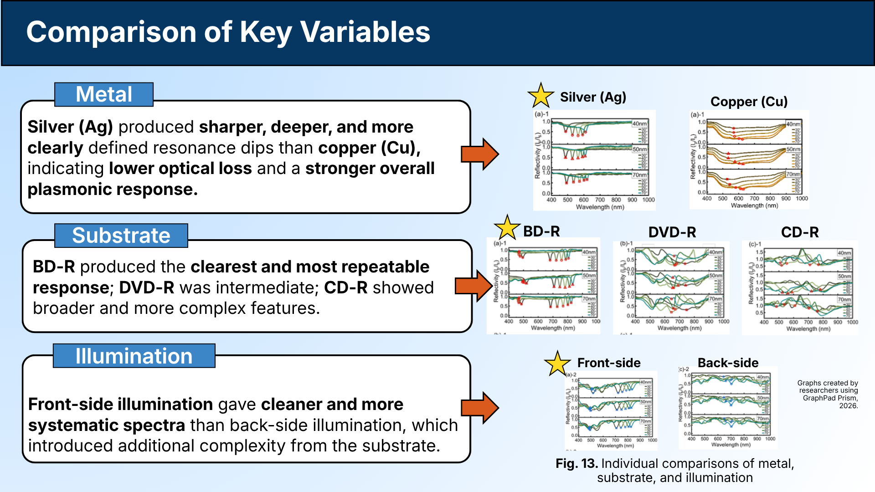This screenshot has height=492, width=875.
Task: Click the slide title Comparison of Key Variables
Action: [228, 32]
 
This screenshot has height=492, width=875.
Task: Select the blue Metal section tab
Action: [104, 94]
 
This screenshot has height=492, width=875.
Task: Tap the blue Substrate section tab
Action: [121, 236]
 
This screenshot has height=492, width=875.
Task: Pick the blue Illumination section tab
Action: [134, 356]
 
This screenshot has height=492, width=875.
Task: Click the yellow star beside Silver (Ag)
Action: [540, 96]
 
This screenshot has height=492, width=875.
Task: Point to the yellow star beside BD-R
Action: [507, 228]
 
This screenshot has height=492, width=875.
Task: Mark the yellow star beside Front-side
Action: [557, 364]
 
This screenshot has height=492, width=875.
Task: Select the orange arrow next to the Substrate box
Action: [474, 286]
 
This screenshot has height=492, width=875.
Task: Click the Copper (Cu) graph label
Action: [749, 102]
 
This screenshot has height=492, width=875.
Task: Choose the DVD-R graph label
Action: [672, 232]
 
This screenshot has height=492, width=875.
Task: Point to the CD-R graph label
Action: [800, 232]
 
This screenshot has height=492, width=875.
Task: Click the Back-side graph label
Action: [728, 363]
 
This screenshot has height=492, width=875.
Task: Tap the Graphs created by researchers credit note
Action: [828, 394]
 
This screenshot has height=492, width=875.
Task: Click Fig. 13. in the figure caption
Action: [576, 464]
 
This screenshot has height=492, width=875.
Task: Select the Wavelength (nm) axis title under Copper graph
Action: [754, 205]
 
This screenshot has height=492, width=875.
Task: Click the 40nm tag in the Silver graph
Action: [639, 124]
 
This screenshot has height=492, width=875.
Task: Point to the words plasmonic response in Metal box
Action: [112, 189]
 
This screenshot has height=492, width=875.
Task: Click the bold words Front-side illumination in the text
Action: [120, 404]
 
